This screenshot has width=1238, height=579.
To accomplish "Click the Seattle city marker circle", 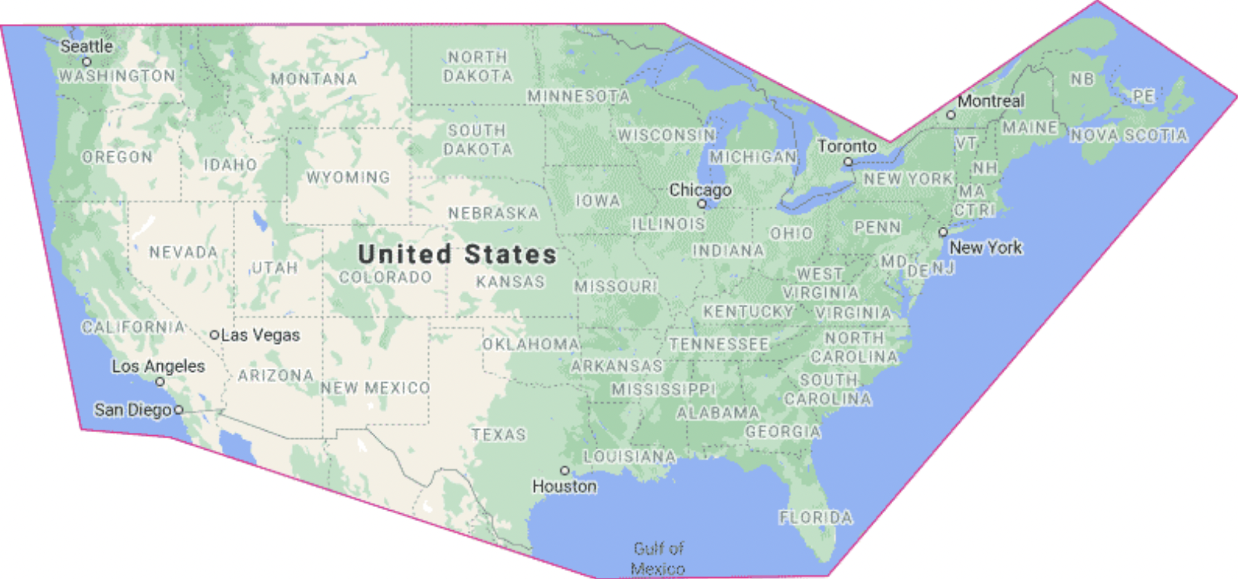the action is pos(87,61).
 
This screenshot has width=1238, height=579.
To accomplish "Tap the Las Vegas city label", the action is pos(260,335).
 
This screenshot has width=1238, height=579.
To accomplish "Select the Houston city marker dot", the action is pos(564,471).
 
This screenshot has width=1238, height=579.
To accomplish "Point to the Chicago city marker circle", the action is pos(702,203).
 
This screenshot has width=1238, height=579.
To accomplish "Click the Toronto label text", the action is pos(847,146).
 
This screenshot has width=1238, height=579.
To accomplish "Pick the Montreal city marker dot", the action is pos(951,115).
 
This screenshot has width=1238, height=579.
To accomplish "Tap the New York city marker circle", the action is pos(943,232).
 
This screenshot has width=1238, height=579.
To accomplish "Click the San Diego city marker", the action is pos(179,410).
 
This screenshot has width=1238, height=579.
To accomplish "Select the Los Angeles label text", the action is pos(158,366).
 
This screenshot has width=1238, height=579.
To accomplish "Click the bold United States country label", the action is pos(457,254).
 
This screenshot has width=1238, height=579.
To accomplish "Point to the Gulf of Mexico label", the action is pos(658,558).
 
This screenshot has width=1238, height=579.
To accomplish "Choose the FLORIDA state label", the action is pos(816,518).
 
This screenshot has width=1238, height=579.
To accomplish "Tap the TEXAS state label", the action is pos(499,435).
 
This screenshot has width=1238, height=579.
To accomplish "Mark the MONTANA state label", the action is pos(314,79).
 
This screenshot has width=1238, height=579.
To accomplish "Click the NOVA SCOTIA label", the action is pos(1129,135).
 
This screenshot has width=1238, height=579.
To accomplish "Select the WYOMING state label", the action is pos(348,178).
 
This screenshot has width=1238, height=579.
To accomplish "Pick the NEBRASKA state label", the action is pos(493,213).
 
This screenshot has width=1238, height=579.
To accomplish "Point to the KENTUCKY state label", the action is pos(748,312).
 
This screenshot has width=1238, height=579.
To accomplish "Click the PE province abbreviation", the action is pos(1143,96).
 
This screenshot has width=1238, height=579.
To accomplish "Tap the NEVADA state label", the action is pos(183,252).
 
